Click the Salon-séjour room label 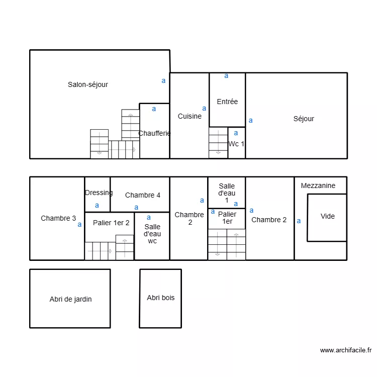pos(88,84)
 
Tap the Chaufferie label pos(154,133)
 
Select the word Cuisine pos(190,116)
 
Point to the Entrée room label pos(227,102)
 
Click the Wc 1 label pos(236,144)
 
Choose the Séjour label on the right pos(304,119)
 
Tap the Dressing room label pos(99,193)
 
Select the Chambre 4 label pos(143,195)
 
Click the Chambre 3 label pos(58,218)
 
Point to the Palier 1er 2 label pos(111,223)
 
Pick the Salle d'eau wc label pos(152,234)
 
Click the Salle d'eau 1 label pos(227,193)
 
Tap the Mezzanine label pos(318,185)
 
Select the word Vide pos(328,216)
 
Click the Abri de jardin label pos(70,299)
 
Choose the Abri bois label pos(161,298)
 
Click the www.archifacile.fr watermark pos(345,350)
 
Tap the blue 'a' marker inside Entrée pos(226,76)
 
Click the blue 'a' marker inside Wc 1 pos(236,133)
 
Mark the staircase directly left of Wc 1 pos(218,143)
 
